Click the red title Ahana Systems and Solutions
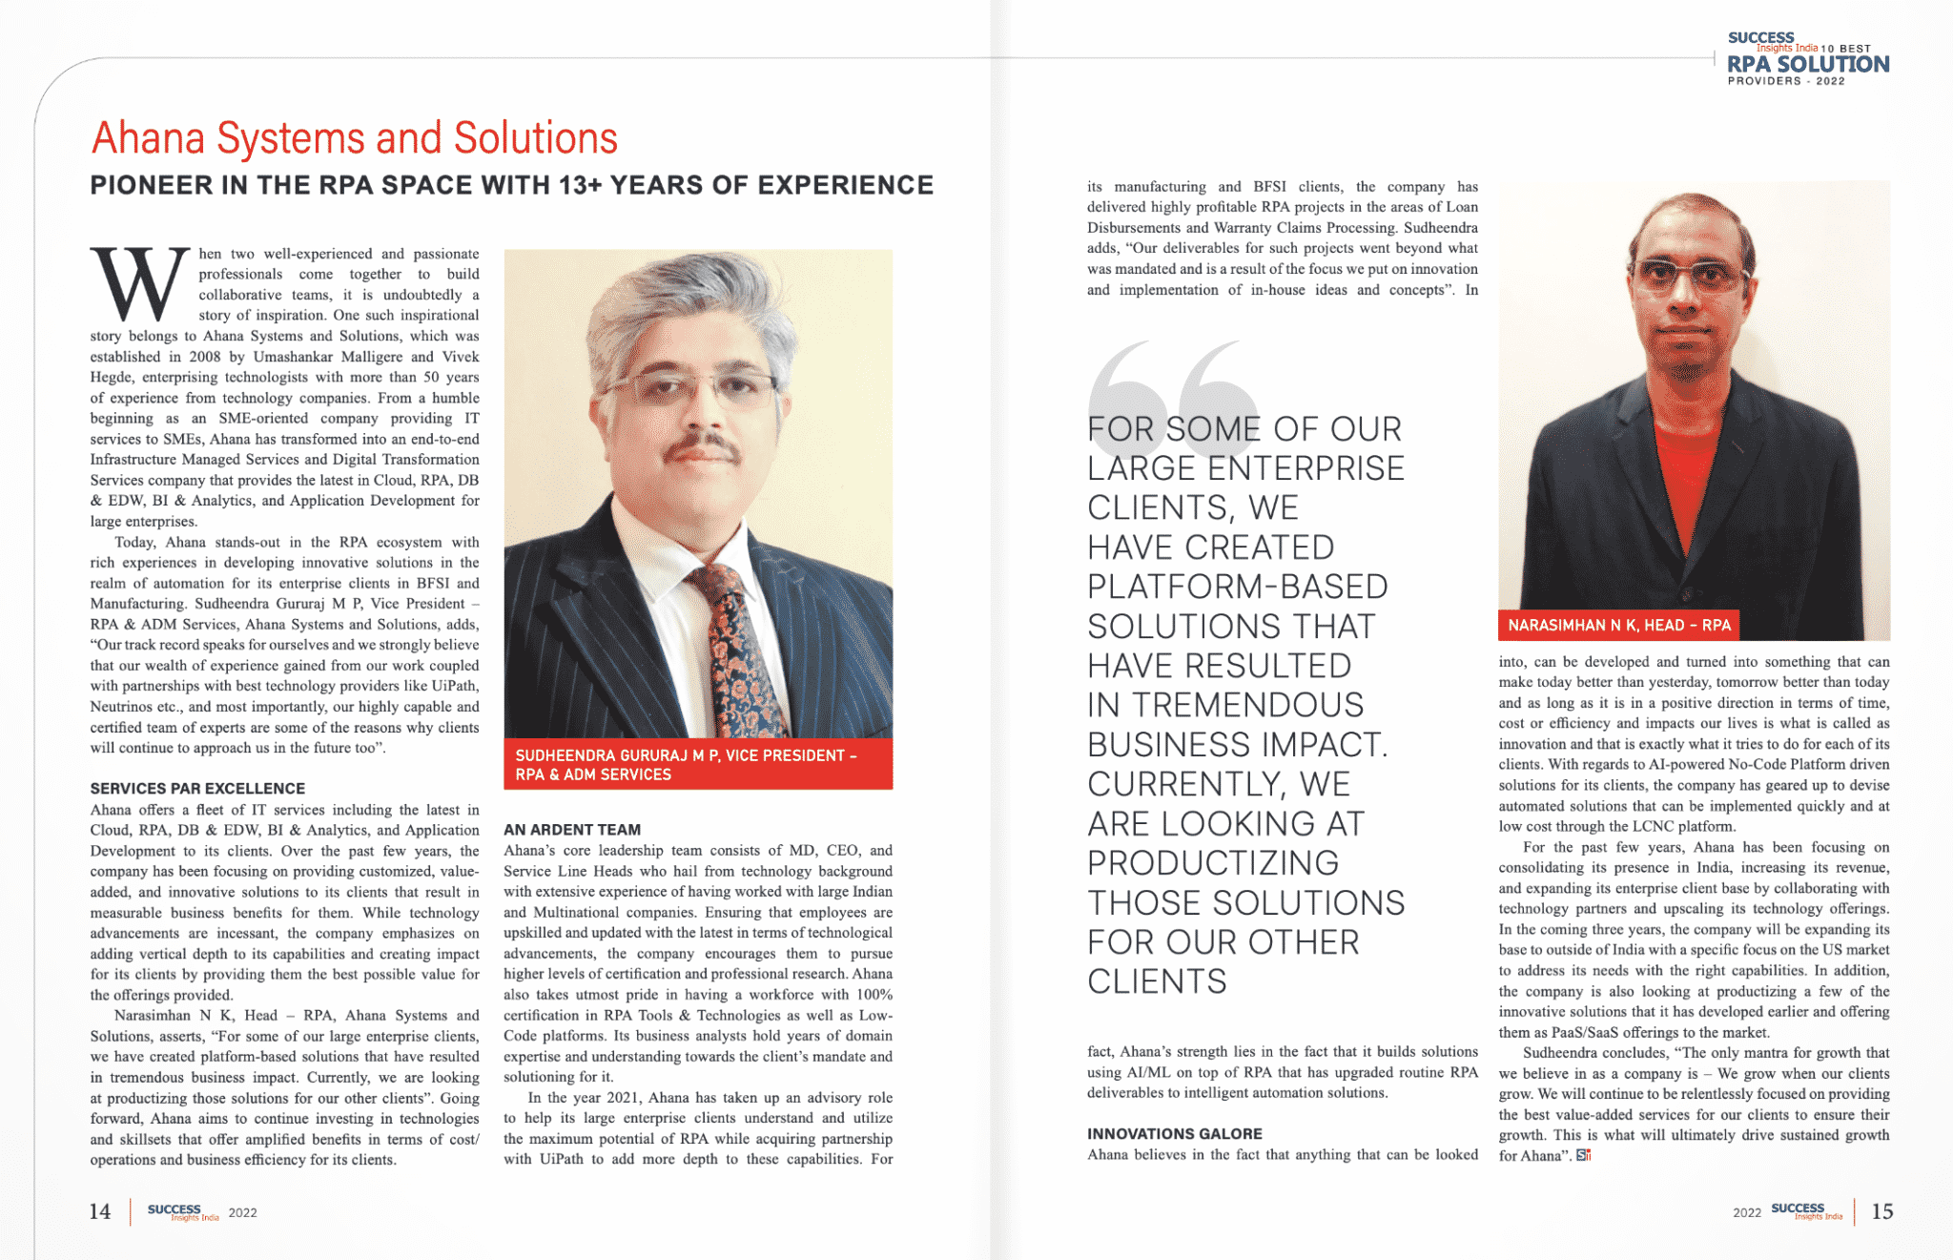(x=354, y=138)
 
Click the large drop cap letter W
(x=139, y=284)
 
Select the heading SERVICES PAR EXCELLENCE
(x=197, y=789)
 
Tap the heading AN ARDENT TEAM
(x=572, y=830)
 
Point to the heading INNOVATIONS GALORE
(x=1174, y=1134)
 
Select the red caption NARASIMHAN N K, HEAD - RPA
(x=1618, y=626)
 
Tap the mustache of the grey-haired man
(x=702, y=446)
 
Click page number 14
(x=100, y=1212)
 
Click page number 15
(x=1881, y=1211)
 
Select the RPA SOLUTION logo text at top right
(x=1807, y=65)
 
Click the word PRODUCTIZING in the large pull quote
(x=1213, y=863)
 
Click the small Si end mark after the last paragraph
(x=1583, y=1156)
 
